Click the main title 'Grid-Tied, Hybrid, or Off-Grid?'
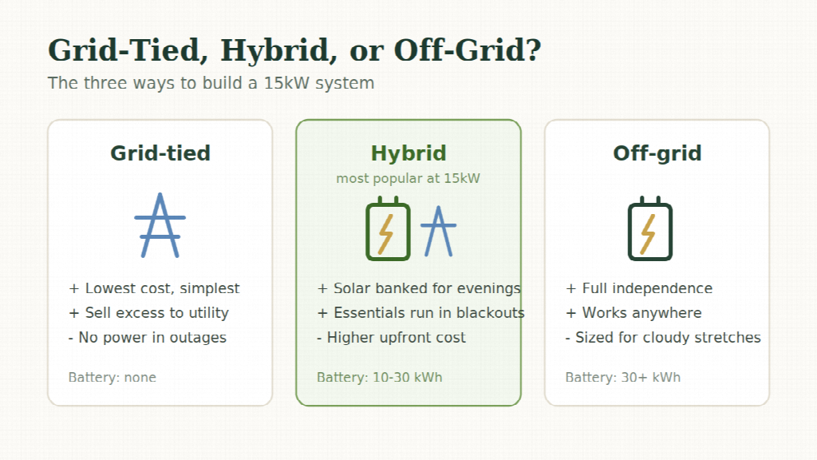pyautogui.click(x=294, y=50)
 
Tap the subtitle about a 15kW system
pyautogui.click(x=211, y=83)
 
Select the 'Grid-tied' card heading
pyautogui.click(x=160, y=153)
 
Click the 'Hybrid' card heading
pyautogui.click(x=408, y=153)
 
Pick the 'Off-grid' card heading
pyautogui.click(x=657, y=153)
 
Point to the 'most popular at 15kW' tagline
pyautogui.click(x=408, y=178)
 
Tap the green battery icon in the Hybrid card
pyautogui.click(x=389, y=228)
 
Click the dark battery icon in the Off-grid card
pyautogui.click(x=650, y=228)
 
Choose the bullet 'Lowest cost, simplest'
pyautogui.click(x=154, y=288)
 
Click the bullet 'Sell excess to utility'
pyautogui.click(x=148, y=313)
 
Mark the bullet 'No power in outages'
pyautogui.click(x=148, y=338)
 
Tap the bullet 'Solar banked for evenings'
pyautogui.click(x=419, y=288)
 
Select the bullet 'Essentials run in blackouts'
pyautogui.click(x=421, y=313)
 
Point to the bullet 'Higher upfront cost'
pyautogui.click(x=391, y=338)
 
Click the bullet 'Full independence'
pyautogui.click(x=639, y=288)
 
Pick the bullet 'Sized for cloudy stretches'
pyautogui.click(x=663, y=338)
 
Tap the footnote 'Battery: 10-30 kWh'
pyautogui.click(x=379, y=378)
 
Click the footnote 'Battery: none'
pyautogui.click(x=112, y=378)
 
